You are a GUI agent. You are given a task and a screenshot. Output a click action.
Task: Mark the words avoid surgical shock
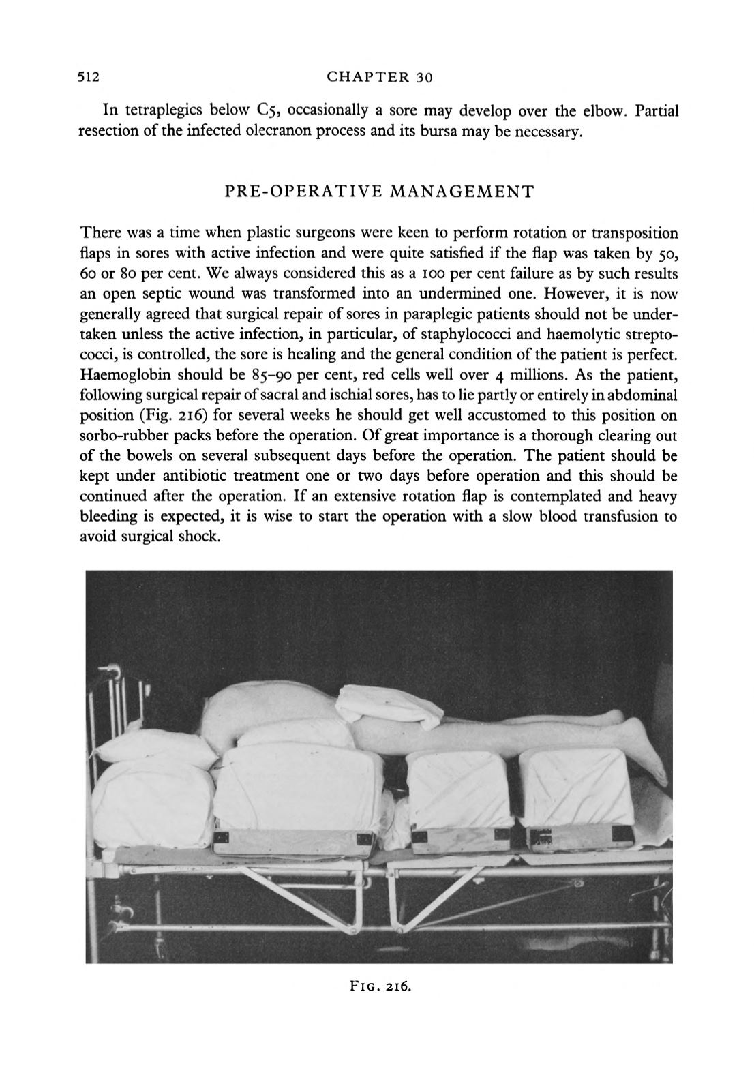[x=151, y=536]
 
